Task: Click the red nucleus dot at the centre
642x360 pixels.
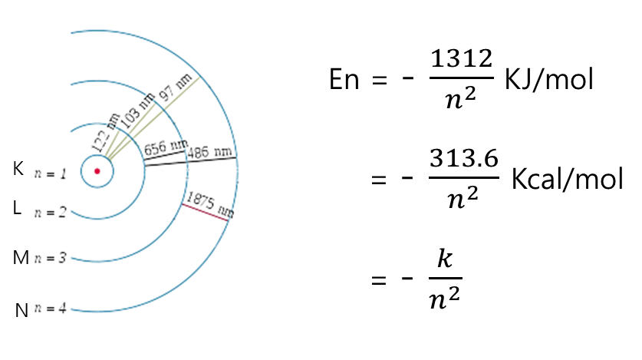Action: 97,171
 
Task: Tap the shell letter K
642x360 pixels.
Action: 18,169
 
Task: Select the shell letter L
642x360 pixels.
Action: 18,207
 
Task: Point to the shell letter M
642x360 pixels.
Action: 21,258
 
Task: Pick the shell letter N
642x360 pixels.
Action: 22,310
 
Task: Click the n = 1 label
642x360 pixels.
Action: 51,174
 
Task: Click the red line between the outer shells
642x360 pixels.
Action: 206,212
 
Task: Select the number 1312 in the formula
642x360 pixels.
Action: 460,60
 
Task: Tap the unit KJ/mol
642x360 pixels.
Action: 548,79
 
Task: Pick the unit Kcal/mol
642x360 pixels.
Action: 566,179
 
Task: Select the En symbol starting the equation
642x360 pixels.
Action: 344,79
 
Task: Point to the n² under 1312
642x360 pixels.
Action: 460,98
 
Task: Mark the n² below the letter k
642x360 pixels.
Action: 445,298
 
